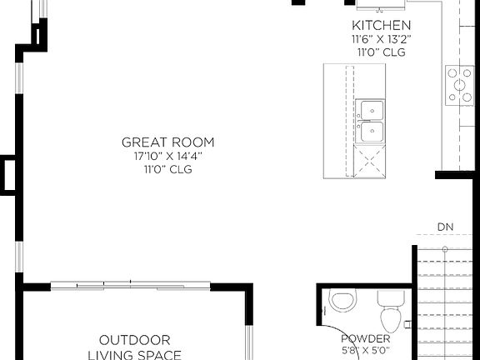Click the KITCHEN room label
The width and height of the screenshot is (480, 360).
[381, 25]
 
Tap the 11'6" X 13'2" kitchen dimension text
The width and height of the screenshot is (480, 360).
[381, 38]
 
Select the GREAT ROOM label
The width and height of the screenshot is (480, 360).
[167, 142]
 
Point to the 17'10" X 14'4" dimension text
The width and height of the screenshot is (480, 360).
[167, 156]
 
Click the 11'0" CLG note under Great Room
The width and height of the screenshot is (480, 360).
[167, 169]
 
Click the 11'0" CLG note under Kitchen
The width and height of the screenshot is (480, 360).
[381, 52]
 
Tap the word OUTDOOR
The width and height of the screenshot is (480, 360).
[135, 340]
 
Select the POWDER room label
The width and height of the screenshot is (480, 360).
[366, 338]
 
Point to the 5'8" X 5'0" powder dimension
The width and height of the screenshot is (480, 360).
[366, 352]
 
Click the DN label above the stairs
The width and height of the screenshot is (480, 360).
[445, 227]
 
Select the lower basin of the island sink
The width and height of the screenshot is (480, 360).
[371, 132]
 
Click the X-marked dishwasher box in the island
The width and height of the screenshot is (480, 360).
[371, 159]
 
